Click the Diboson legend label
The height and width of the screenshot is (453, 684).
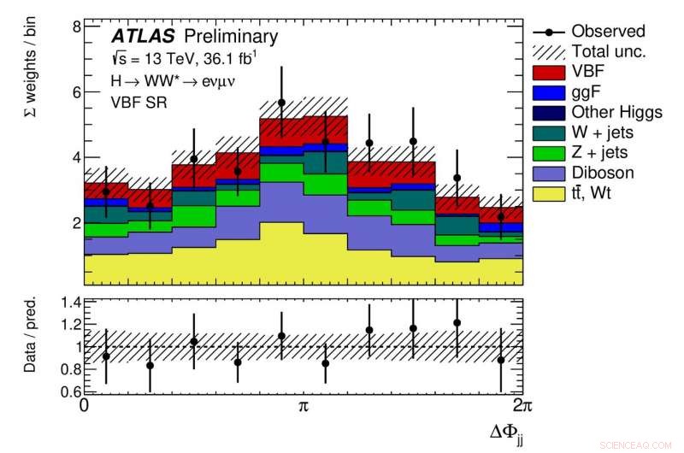(603, 173)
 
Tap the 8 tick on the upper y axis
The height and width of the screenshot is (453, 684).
(75, 26)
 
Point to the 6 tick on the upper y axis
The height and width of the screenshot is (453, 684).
(75, 92)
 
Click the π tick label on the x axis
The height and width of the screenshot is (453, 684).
(303, 406)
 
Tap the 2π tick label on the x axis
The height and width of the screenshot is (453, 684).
(515, 406)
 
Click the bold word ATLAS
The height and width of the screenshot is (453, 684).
(142, 36)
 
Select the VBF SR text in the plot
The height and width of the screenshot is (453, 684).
(135, 101)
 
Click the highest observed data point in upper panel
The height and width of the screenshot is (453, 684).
(281, 103)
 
